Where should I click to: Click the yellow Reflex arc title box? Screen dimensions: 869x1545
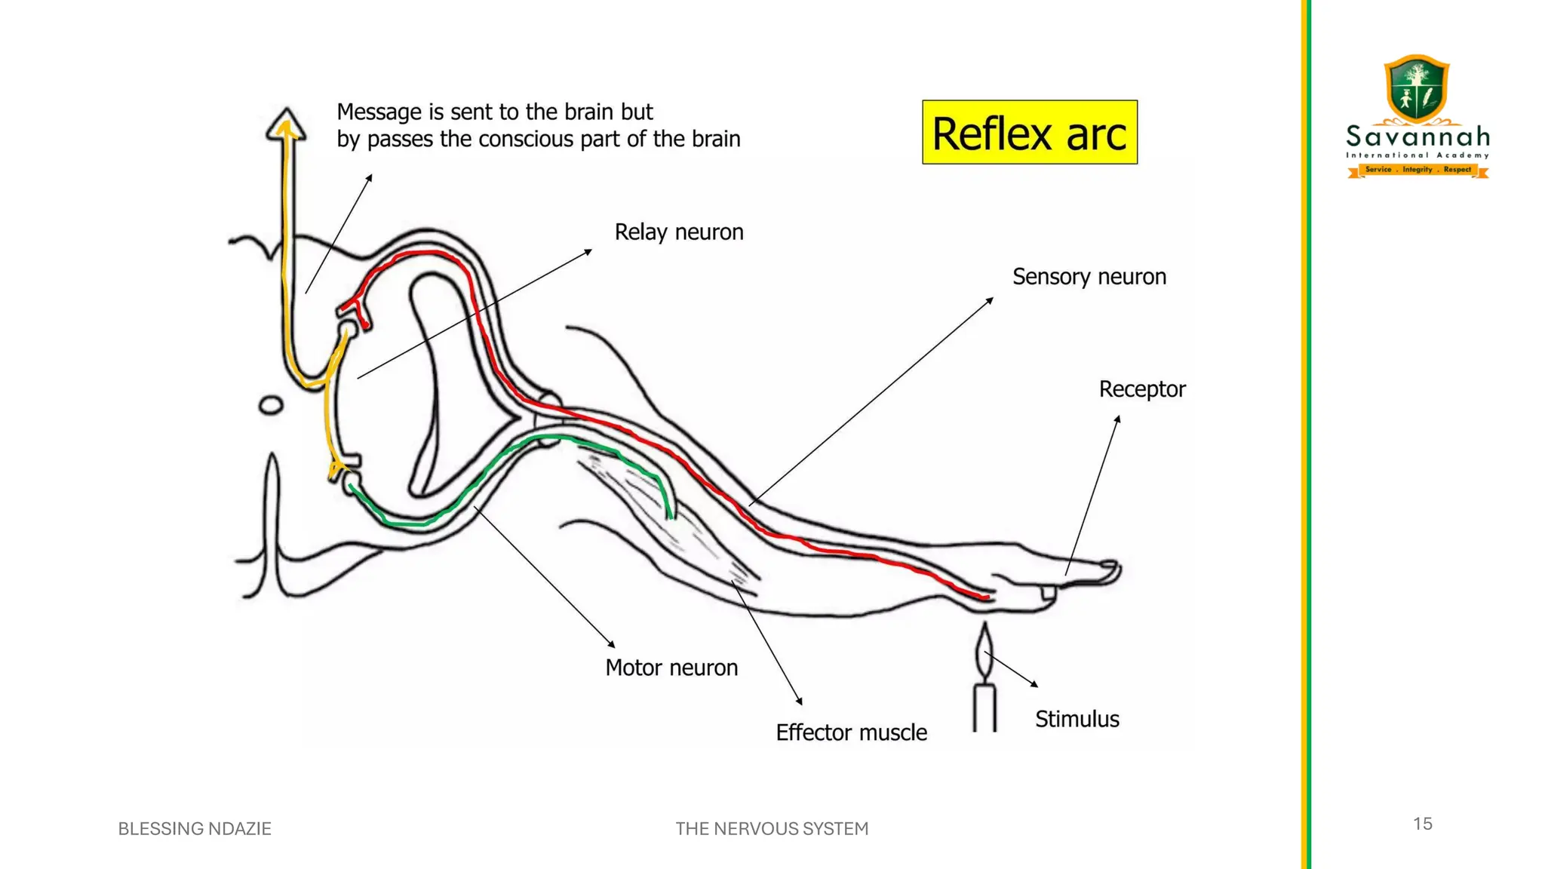click(x=1029, y=133)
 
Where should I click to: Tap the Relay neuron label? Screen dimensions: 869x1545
click(x=678, y=232)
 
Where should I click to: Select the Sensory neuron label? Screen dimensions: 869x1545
click(x=1089, y=277)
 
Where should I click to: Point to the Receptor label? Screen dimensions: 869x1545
click(x=1141, y=389)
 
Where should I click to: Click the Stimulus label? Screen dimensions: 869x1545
click(x=1077, y=719)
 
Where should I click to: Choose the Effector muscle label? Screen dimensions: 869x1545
click(x=851, y=732)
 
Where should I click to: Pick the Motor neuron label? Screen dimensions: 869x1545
click(x=671, y=668)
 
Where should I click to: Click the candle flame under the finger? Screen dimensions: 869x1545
click(x=984, y=651)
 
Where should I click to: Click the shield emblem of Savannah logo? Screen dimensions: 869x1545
click(x=1417, y=88)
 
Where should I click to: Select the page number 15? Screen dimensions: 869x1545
click(x=1422, y=824)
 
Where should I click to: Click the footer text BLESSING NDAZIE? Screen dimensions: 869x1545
click(x=195, y=829)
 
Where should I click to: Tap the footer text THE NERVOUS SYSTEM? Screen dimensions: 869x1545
click(x=772, y=829)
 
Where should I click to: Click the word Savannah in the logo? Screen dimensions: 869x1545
click(x=1418, y=137)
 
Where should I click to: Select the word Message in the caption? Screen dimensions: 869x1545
click(x=379, y=112)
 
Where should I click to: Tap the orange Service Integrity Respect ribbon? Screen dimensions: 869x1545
click(x=1418, y=170)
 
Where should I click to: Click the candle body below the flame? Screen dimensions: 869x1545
click(x=984, y=708)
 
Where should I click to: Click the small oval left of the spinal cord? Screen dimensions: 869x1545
click(x=271, y=406)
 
